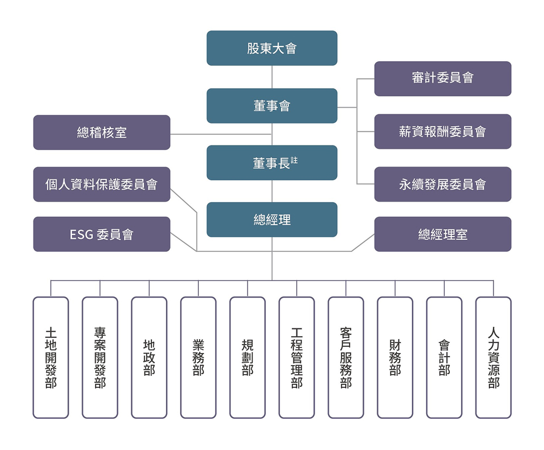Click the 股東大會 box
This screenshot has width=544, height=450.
tap(272, 48)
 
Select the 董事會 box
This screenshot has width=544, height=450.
tap(272, 106)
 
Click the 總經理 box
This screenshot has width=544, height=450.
tap(272, 220)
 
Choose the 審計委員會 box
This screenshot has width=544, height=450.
tap(443, 79)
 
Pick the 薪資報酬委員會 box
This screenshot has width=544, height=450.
tap(443, 132)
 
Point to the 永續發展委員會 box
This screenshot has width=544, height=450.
tap(443, 185)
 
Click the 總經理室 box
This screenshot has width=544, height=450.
tap(443, 234)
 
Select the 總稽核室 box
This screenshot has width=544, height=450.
tap(101, 132)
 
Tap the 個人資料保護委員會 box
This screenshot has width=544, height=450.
tap(101, 185)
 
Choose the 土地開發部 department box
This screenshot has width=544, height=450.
tap(50, 358)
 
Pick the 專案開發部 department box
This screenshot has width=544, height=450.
tap(100, 358)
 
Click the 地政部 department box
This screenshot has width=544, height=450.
tap(149, 358)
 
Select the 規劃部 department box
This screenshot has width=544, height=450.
tap(248, 358)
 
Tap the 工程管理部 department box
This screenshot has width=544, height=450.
tap(296, 358)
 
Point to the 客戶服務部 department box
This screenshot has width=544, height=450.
tap(346, 358)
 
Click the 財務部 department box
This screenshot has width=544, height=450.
tap(395, 358)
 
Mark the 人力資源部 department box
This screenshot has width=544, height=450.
tap(494, 358)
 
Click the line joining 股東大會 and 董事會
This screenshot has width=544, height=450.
tap(272, 77)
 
